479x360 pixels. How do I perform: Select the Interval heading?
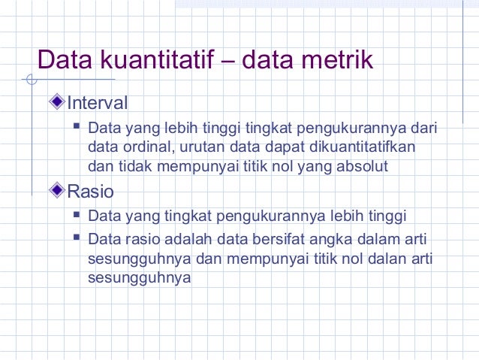[98, 102]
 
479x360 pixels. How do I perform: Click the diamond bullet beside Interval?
[59, 101]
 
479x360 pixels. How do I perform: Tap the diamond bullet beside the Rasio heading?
[59, 191]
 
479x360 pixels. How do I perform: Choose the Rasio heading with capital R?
[91, 192]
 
